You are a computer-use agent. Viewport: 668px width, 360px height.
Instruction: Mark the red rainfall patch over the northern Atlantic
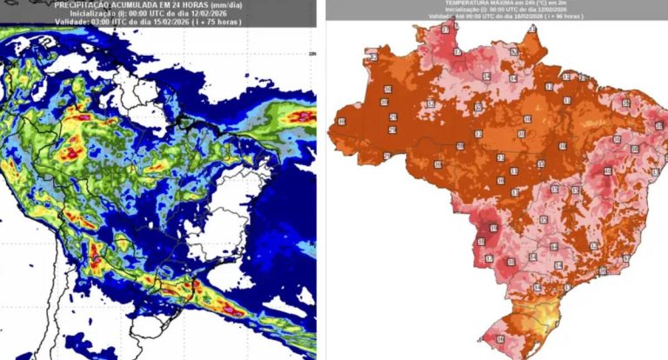(x=301, y=116)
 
